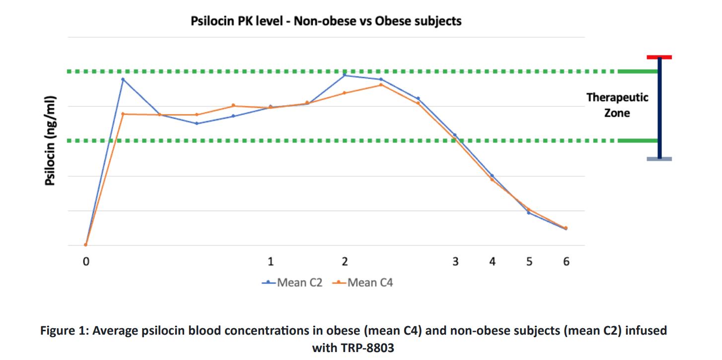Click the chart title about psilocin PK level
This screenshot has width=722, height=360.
pyautogui.click(x=326, y=21)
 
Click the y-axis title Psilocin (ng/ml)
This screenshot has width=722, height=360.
pyautogui.click(x=50, y=141)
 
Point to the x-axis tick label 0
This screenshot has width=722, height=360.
pyautogui.click(x=86, y=261)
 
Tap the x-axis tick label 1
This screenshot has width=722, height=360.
pyautogui.click(x=271, y=261)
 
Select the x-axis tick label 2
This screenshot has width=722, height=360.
pyautogui.click(x=345, y=261)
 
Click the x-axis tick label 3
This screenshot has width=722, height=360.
pyautogui.click(x=455, y=261)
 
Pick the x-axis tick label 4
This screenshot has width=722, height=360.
pyautogui.click(x=493, y=261)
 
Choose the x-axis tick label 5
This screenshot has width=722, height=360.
pyautogui.click(x=529, y=261)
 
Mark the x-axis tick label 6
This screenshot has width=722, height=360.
pyautogui.click(x=566, y=261)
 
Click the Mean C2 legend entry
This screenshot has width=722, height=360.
pyautogui.click(x=292, y=283)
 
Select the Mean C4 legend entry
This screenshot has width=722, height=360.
pyautogui.click(x=362, y=283)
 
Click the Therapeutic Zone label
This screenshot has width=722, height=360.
pyautogui.click(x=617, y=105)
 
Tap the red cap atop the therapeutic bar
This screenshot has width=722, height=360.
pyautogui.click(x=659, y=57)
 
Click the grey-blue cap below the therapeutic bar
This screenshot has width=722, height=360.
pyautogui.click(x=659, y=159)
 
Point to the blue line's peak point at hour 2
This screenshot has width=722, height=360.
pyautogui.click(x=345, y=75)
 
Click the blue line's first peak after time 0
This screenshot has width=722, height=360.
pyautogui.click(x=123, y=79)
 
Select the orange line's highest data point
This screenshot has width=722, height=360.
pyautogui.click(x=381, y=85)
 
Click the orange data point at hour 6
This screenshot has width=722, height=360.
pyautogui.click(x=566, y=228)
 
